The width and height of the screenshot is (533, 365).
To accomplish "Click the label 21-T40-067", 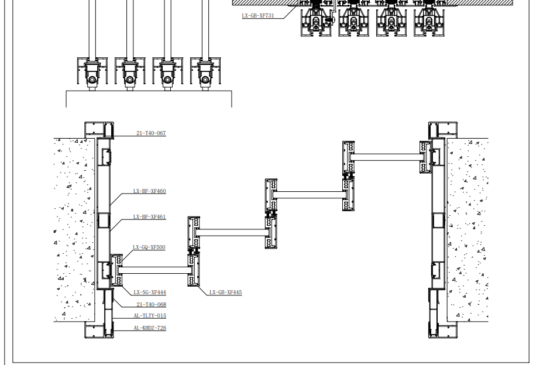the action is [151, 133].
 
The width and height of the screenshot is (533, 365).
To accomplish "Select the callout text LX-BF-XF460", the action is [149, 191].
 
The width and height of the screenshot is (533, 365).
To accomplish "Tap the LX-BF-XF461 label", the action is [149, 217].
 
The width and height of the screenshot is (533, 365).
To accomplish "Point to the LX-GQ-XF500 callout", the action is [149, 247].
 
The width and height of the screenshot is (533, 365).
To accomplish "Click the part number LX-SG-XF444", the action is [150, 292].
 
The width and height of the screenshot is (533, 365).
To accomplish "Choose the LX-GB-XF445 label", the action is [225, 292].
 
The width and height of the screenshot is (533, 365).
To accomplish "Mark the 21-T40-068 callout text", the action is [152, 305].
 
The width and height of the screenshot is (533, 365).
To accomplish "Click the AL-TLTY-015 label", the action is [150, 316].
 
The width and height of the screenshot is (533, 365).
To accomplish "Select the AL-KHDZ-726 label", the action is [150, 328].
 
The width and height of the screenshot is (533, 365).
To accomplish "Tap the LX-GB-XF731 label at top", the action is [257, 16].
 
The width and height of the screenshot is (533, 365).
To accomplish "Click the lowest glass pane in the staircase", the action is [154, 270].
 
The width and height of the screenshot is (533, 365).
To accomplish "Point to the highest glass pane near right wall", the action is [387, 157].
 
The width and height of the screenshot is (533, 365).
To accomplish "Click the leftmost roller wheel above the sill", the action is [92, 80].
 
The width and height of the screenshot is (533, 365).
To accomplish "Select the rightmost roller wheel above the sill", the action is [205, 80].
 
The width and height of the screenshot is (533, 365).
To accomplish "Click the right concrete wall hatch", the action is [467, 230].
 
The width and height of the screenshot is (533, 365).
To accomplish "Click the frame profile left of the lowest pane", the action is [117, 270].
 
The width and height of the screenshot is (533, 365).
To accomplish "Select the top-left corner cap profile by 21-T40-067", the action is [99, 130].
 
